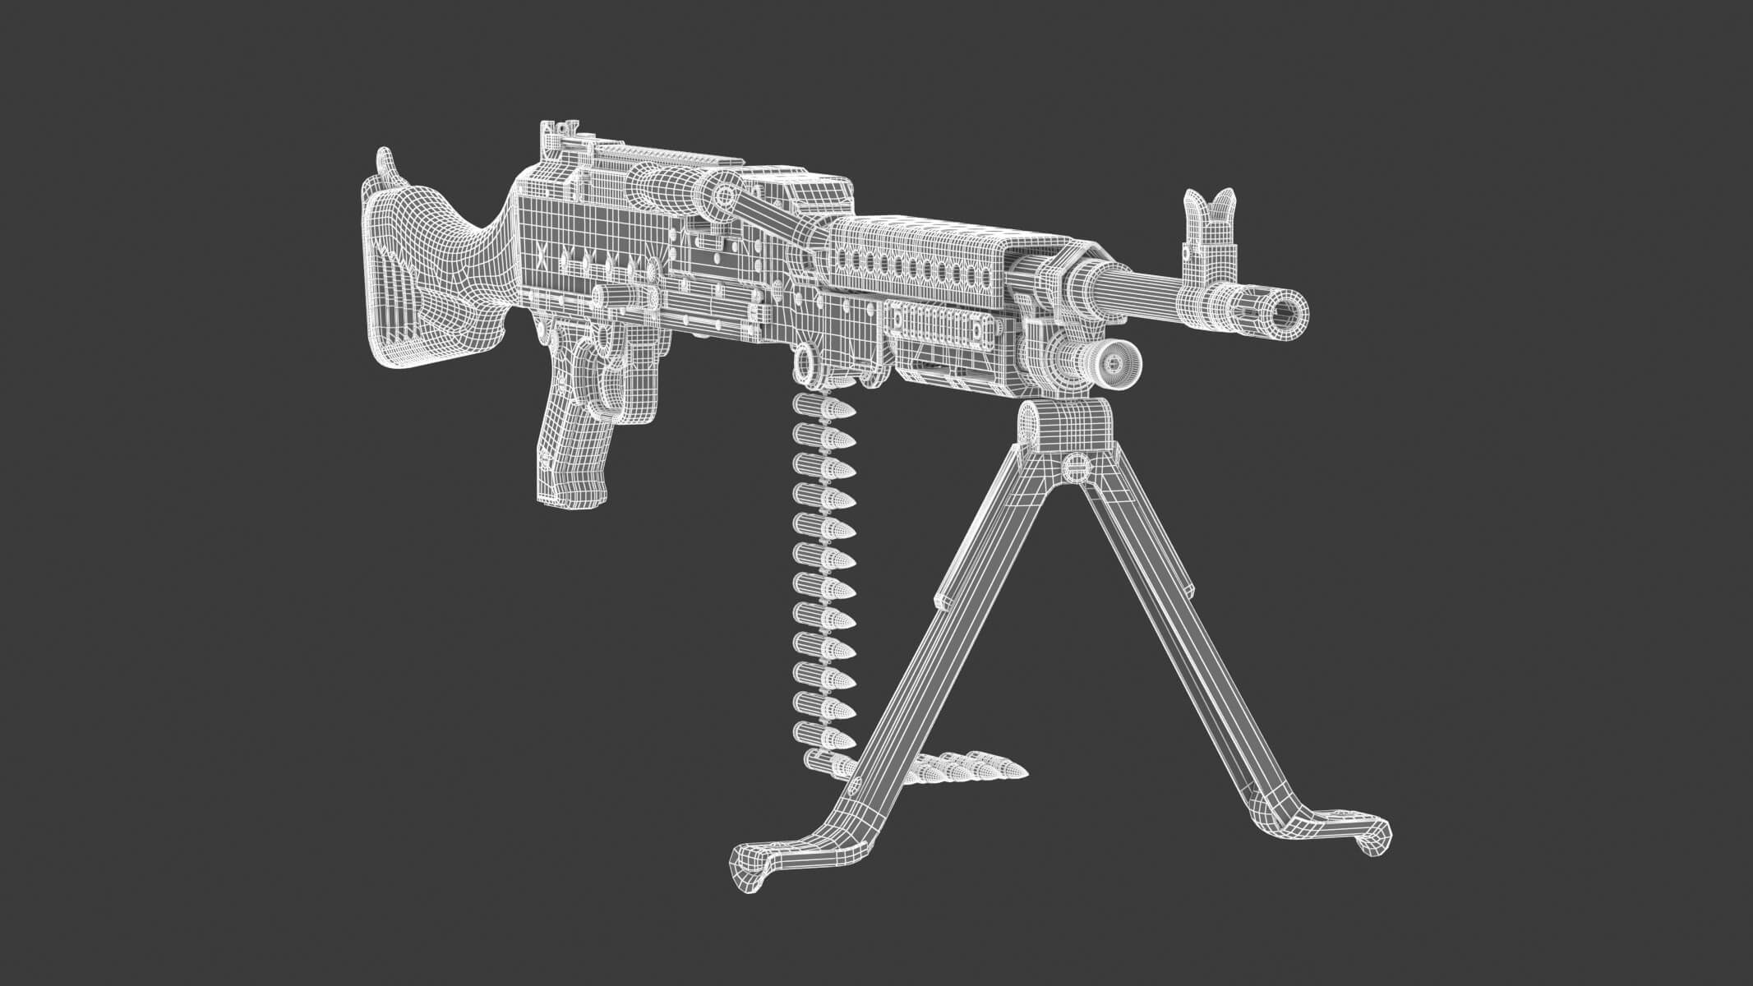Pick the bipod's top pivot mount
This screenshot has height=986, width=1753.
[1064, 427]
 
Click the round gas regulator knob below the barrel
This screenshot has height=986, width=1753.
[1114, 362]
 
